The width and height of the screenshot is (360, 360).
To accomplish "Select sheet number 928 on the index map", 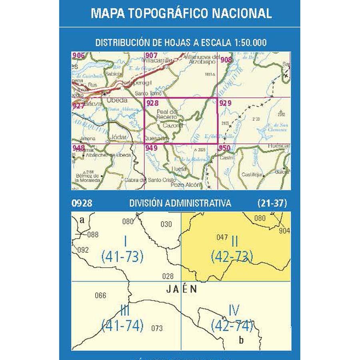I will (x=153, y=103).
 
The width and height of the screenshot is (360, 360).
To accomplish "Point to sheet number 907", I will (x=152, y=56).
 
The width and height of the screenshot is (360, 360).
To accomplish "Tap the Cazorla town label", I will (x=173, y=125).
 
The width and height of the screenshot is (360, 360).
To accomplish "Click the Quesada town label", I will (x=157, y=139).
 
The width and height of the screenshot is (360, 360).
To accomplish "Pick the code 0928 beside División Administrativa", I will (x=82, y=203).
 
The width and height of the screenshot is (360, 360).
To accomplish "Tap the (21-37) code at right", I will (x=272, y=203).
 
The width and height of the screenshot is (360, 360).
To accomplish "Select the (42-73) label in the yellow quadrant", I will (x=232, y=256).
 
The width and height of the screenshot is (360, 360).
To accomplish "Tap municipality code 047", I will (x=222, y=237).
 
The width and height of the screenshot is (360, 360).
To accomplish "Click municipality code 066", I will (x=101, y=296).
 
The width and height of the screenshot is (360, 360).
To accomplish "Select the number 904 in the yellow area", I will (x=284, y=231).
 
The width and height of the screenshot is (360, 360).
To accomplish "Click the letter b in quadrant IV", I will (x=240, y=340).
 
